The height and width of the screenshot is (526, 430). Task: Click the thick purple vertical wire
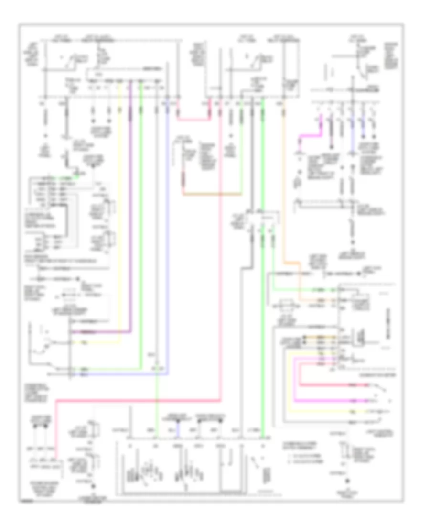130,215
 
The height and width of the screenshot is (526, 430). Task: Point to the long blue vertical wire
168,239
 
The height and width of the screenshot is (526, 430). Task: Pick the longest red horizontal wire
139,402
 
